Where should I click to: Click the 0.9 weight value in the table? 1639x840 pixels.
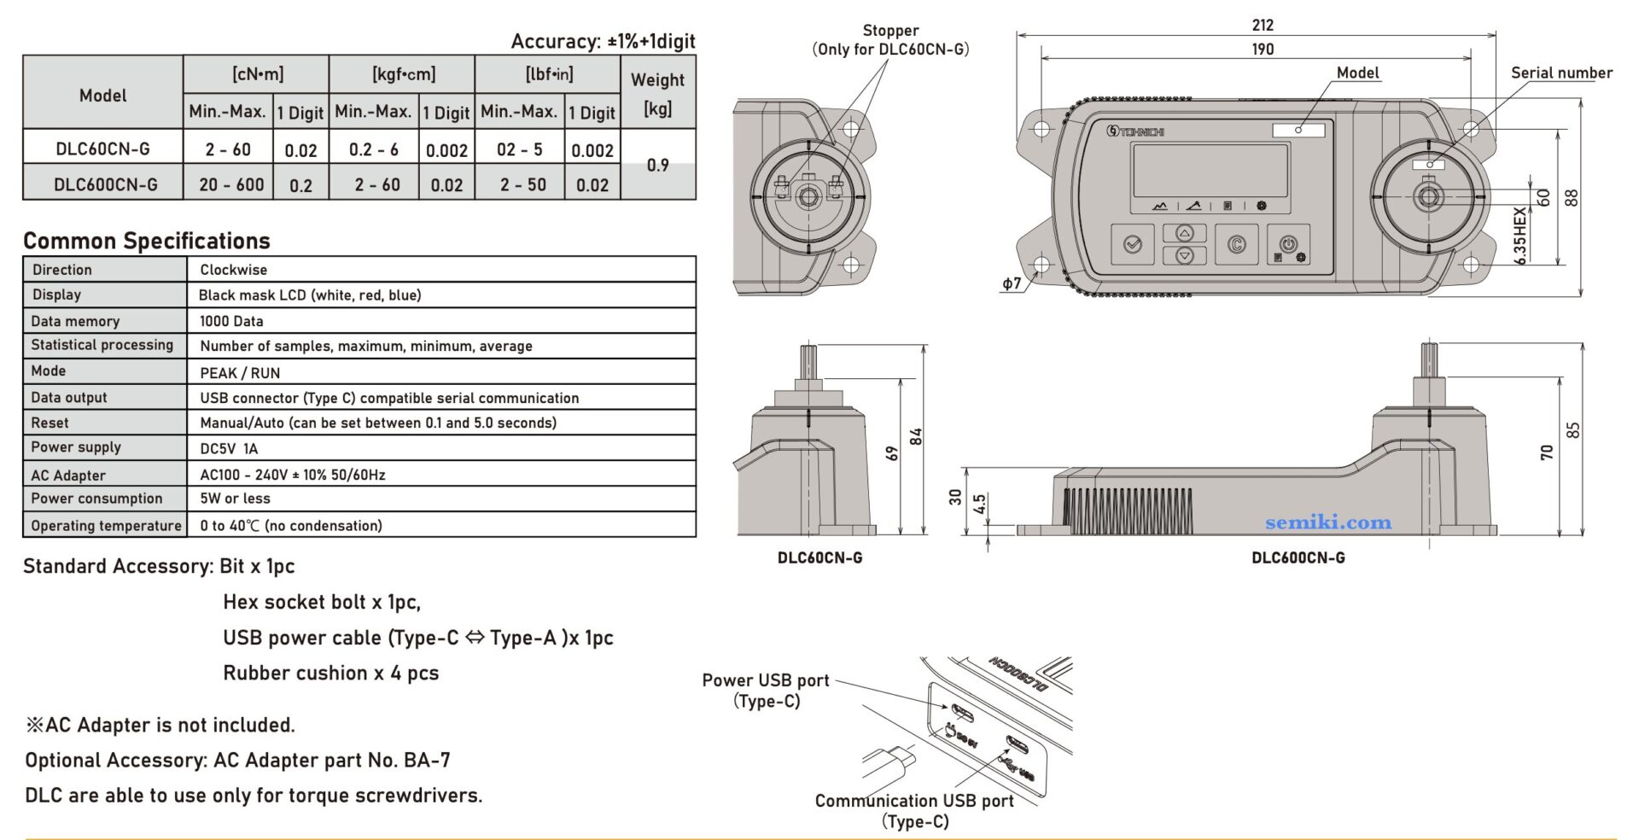[x=657, y=165]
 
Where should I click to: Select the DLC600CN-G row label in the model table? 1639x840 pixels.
[x=105, y=184]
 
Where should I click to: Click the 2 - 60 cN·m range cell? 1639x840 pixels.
[x=228, y=149]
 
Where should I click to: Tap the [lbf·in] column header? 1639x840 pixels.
[x=548, y=74]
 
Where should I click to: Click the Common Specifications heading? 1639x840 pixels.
[x=146, y=241]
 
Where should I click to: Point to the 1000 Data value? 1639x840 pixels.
[x=231, y=321]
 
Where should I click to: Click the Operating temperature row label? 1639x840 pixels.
[x=106, y=525]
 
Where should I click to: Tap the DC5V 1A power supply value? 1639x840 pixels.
[x=229, y=448]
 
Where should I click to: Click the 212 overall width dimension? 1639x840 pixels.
[x=1263, y=26]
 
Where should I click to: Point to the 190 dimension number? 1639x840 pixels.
[x=1263, y=50]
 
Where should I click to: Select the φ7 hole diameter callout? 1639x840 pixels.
[x=1012, y=284]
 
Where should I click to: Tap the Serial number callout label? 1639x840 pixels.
[x=1561, y=73]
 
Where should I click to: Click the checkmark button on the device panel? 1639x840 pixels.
[x=1133, y=244]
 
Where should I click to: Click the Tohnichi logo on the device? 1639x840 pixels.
[x=1135, y=131]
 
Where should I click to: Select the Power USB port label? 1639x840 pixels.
[x=765, y=680]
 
